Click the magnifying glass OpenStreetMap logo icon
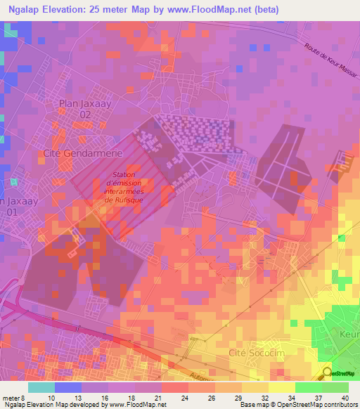(x=327, y=373)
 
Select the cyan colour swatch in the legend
(x=41, y=387)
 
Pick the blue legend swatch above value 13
(x=68, y=387)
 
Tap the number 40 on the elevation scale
(x=345, y=398)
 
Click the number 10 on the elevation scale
(x=50, y=398)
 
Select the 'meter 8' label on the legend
(x=14, y=398)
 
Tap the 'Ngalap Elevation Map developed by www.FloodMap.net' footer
(x=84, y=405)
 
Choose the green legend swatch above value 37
(x=309, y=387)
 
